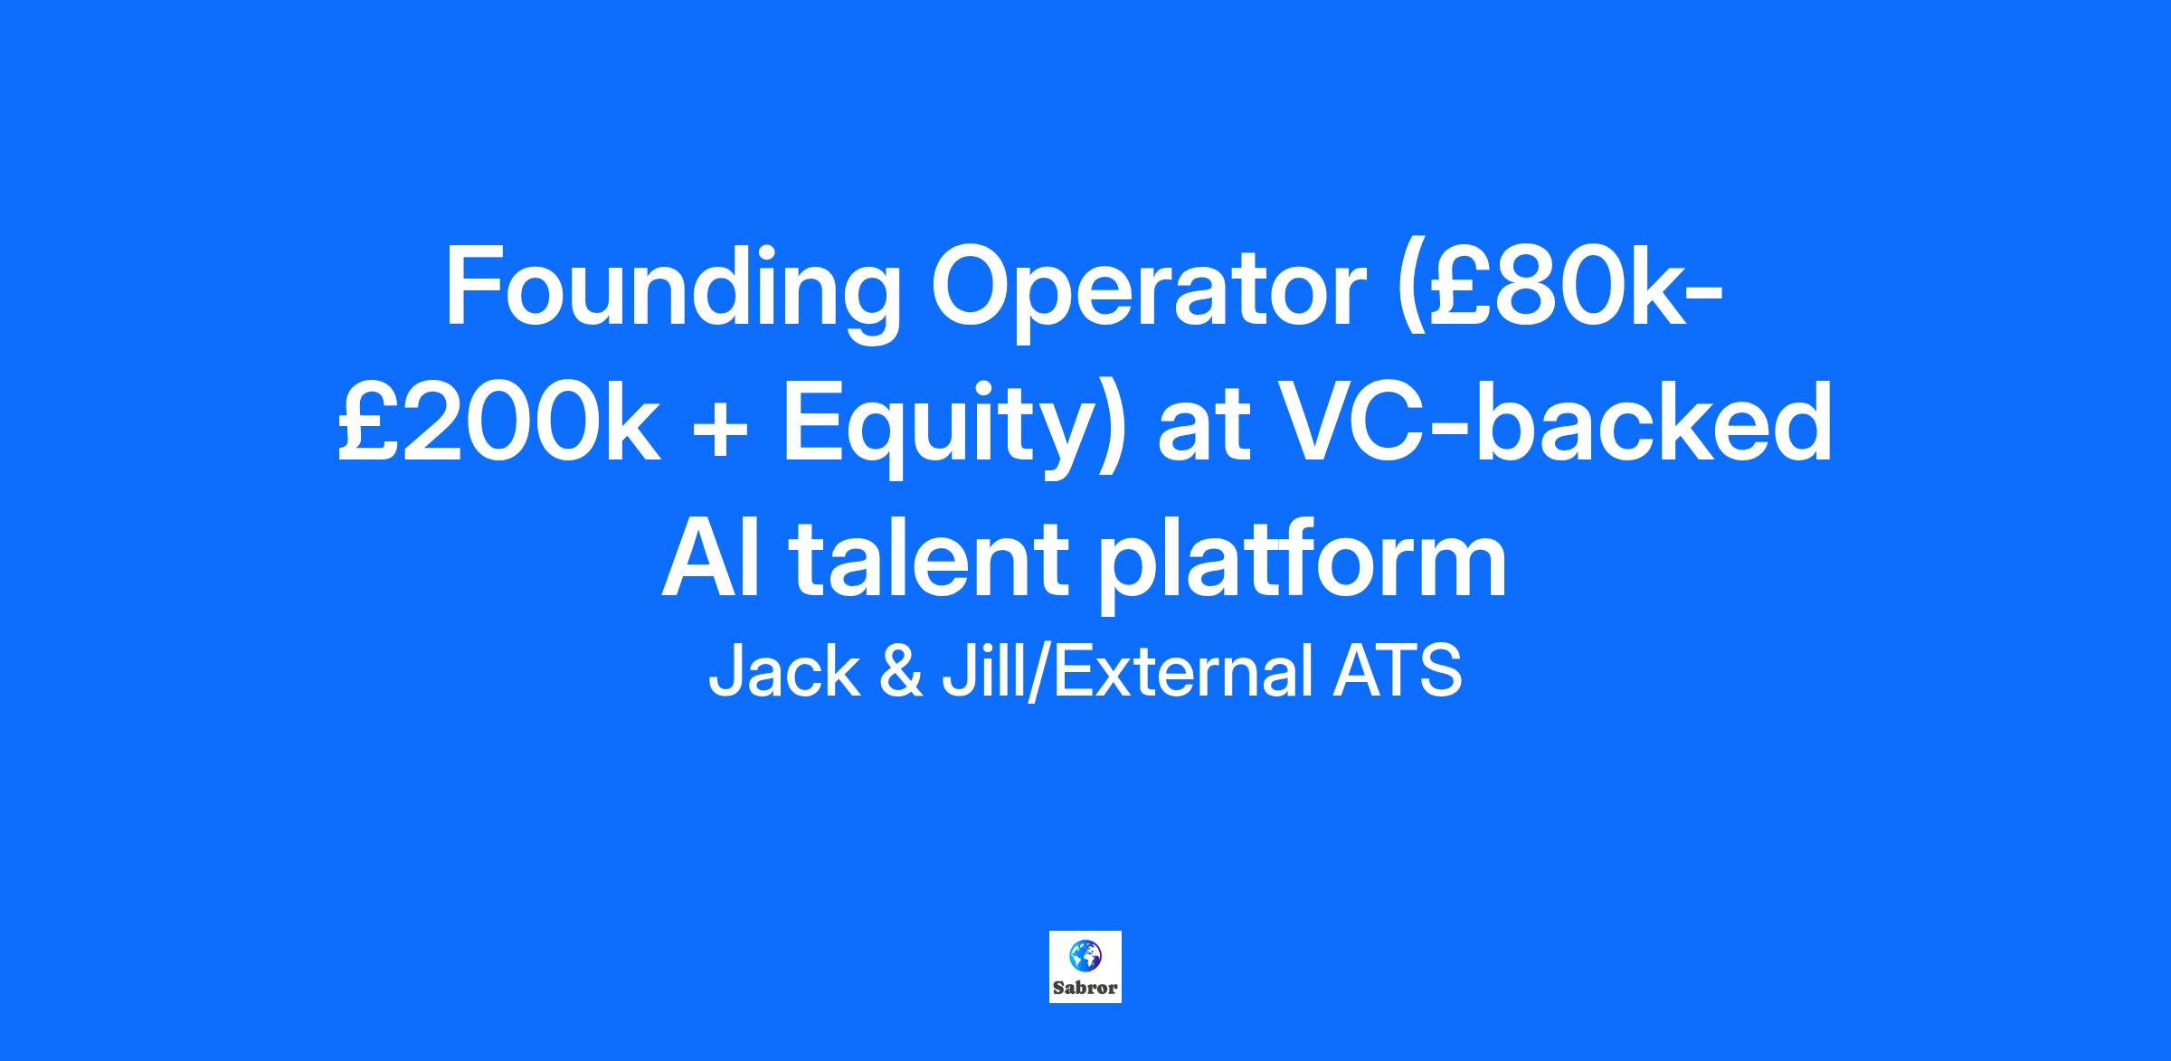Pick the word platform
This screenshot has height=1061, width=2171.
point(1303,564)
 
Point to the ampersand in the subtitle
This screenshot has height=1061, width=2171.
point(900,673)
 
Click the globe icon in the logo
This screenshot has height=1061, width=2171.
point(1085,954)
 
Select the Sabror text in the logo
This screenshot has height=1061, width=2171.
point(1085,988)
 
